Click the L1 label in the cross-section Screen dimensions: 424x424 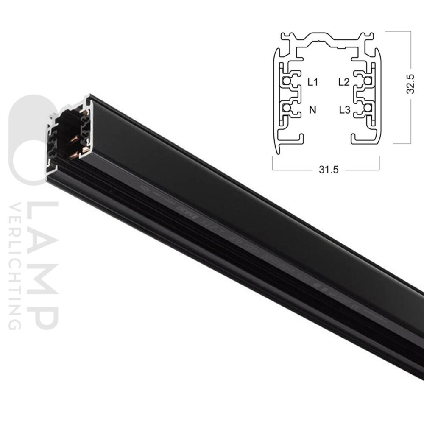click(312, 82)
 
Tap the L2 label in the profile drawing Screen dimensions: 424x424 click(343, 82)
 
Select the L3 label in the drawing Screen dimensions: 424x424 click(344, 110)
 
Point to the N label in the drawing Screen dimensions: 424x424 click(313, 110)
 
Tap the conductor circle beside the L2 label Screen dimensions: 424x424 click(367, 81)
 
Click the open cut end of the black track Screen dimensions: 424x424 click(68, 136)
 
